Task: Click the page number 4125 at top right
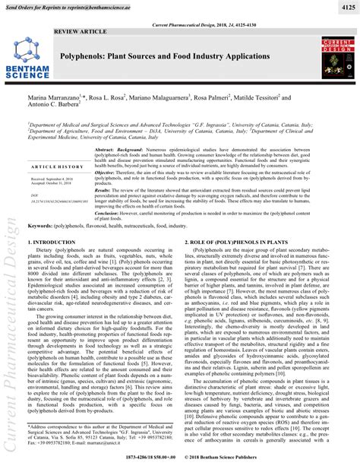coord(343,7)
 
